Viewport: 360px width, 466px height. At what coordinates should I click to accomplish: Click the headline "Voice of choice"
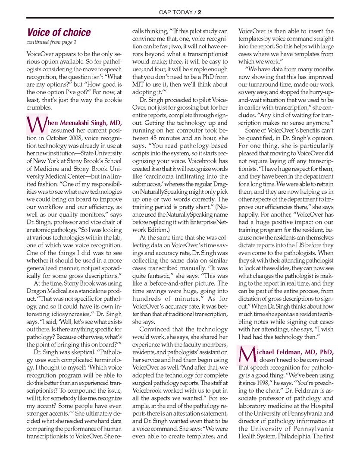click(59, 32)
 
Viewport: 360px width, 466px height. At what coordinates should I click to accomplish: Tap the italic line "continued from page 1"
click(51, 42)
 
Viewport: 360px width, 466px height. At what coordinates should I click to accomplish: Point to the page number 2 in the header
click(200, 12)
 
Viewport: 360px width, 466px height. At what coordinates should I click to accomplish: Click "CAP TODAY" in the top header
click(177, 12)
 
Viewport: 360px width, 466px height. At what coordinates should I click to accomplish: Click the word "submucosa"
click(147, 184)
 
